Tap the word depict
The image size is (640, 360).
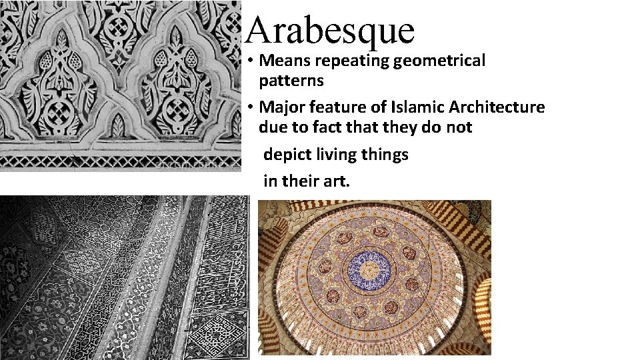(285, 155)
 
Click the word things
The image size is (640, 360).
(387, 155)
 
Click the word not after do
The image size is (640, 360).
(458, 127)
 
